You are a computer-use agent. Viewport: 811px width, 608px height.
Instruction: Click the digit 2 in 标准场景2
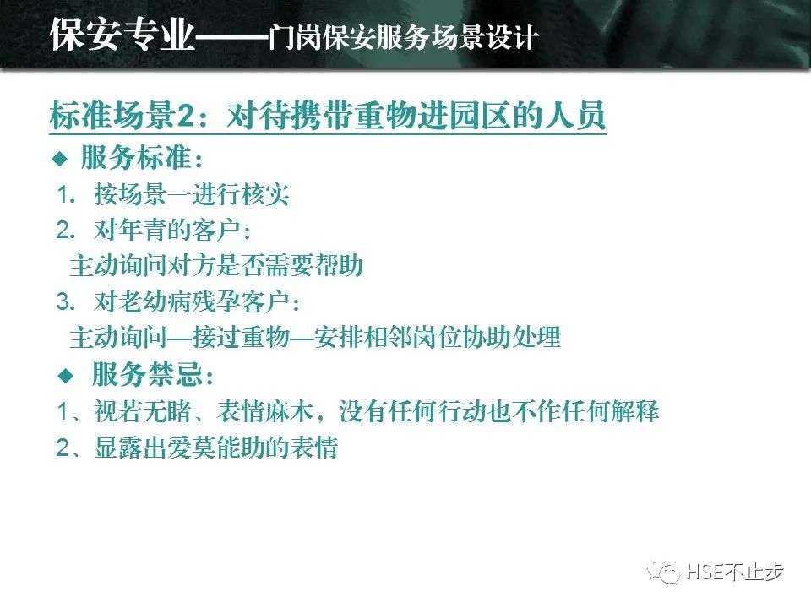[x=186, y=116]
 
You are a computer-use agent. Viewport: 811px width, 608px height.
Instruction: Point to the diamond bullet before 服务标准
[x=60, y=158]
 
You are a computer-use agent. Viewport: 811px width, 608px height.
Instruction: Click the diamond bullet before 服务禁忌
[x=66, y=375]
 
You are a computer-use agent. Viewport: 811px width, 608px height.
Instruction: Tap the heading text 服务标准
[x=136, y=157]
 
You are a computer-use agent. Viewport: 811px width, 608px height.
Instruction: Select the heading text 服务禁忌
[x=147, y=374]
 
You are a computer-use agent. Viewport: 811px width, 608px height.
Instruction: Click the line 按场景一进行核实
[x=192, y=194]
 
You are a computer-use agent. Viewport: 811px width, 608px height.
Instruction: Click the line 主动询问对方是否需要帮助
[x=216, y=265]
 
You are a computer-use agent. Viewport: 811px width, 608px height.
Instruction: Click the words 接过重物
[x=241, y=337]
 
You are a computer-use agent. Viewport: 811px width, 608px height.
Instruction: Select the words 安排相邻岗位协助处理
[x=438, y=337]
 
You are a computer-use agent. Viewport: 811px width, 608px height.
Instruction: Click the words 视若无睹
[x=143, y=411]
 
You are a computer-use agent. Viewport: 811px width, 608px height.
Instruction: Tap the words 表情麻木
[x=264, y=411]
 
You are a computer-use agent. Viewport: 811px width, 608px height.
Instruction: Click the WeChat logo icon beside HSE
[x=664, y=571]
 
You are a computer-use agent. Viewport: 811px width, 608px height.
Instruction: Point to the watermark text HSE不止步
[x=736, y=572]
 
